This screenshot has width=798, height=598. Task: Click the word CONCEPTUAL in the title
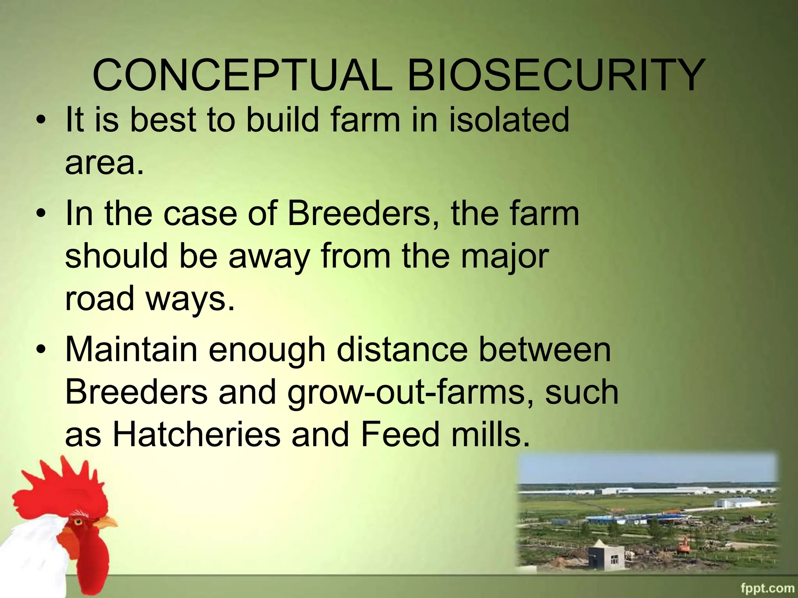click(x=242, y=75)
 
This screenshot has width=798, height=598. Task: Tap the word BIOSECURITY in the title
click(x=556, y=75)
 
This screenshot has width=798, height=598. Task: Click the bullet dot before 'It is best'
click(x=40, y=120)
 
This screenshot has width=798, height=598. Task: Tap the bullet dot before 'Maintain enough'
click(x=40, y=350)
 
